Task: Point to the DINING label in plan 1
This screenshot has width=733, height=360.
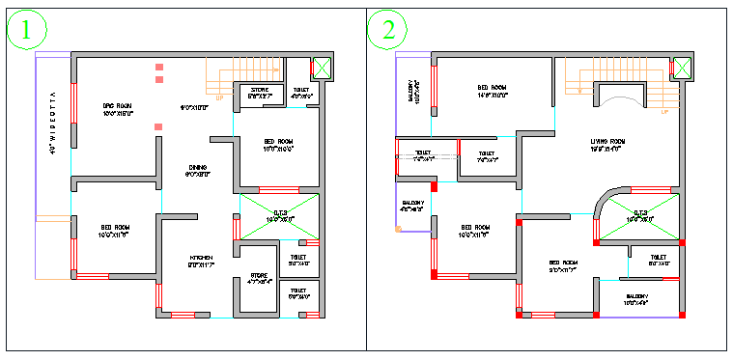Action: point(197,168)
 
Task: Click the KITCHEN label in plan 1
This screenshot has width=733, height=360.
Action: point(201,258)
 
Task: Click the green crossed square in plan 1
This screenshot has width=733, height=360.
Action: point(321,69)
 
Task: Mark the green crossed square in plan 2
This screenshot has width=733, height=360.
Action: point(682,68)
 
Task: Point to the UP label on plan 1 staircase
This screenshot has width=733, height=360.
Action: point(220,97)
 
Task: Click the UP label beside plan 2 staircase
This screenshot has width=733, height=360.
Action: point(664,112)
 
